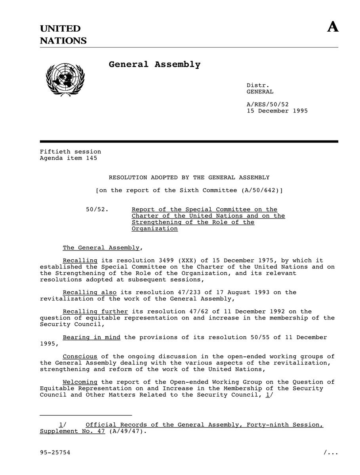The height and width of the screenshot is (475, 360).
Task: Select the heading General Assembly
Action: [154, 64]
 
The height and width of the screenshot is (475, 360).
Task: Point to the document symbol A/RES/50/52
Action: [268, 104]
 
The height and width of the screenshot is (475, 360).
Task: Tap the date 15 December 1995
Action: [277, 111]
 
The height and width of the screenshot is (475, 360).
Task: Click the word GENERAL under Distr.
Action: [260, 91]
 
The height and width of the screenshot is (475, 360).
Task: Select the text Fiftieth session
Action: [70, 152]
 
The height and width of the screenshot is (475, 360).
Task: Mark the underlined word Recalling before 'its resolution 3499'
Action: [80, 260]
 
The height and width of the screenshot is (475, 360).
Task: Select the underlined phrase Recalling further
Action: [95, 312]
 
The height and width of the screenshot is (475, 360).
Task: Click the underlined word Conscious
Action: [80, 357]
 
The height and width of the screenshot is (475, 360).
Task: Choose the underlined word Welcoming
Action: [80, 382]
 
